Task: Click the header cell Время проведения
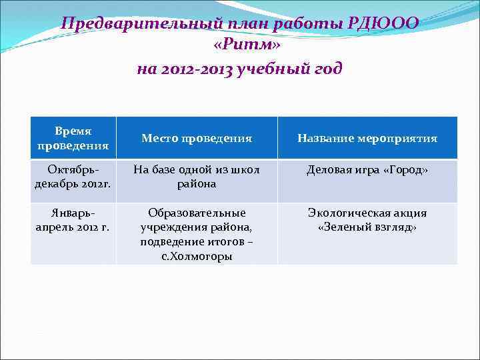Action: tap(73, 138)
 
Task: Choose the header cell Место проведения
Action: tap(197, 139)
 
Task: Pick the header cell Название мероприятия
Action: tap(367, 139)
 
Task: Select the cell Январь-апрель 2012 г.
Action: tap(73, 220)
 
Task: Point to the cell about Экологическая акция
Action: tap(367, 220)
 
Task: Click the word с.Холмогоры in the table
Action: tap(197, 256)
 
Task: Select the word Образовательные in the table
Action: tap(197, 213)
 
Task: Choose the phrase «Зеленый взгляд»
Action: tap(367, 227)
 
